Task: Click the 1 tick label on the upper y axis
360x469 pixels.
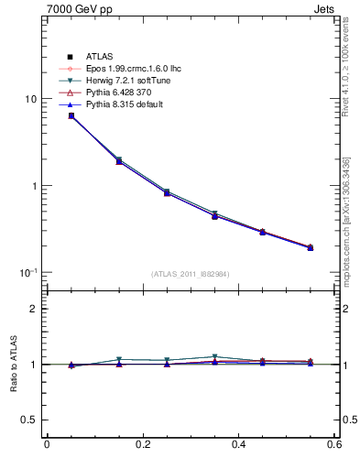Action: (33, 186)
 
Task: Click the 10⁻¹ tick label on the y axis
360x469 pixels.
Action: (27, 272)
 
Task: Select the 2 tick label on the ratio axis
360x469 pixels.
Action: (33, 309)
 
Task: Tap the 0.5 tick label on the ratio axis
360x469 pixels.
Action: (29, 420)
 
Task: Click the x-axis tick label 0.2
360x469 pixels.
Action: (142, 445)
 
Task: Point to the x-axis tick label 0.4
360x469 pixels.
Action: (238, 445)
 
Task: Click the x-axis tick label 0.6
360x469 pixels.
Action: (334, 445)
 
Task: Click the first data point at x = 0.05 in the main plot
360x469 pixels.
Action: (71, 115)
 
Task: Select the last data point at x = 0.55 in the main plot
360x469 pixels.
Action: (311, 247)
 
